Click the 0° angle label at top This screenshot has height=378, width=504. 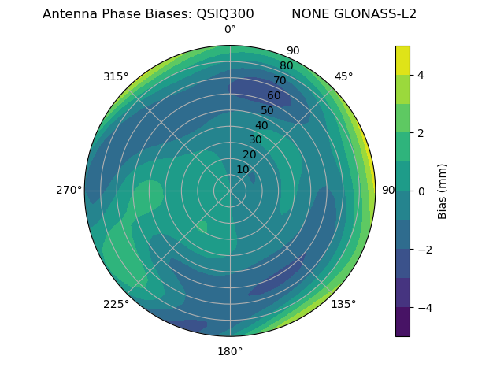point(230,30)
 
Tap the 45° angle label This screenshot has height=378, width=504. point(343,76)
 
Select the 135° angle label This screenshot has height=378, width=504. point(343,304)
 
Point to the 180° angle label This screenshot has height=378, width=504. point(230,351)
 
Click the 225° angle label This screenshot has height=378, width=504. point(116,304)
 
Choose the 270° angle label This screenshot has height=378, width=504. point(69,191)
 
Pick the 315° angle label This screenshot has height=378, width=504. point(116,76)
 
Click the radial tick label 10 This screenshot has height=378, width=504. point(243,170)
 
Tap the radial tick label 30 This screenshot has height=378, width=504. point(255,140)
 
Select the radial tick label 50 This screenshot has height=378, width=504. point(268,111)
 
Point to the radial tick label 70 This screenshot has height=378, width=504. point(280,81)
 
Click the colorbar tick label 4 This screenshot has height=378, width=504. point(421,75)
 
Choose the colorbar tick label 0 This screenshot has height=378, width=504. point(421,191)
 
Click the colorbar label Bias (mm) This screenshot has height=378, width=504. point(443,191)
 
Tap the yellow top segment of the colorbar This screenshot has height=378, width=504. point(402,60)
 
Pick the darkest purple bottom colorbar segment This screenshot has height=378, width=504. point(402,322)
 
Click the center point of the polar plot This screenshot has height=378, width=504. point(230,191)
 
